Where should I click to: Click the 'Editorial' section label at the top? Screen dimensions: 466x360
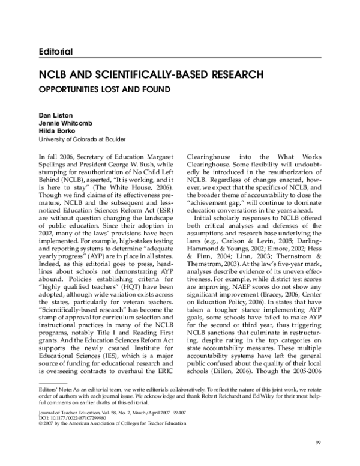click(x=54, y=52)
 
